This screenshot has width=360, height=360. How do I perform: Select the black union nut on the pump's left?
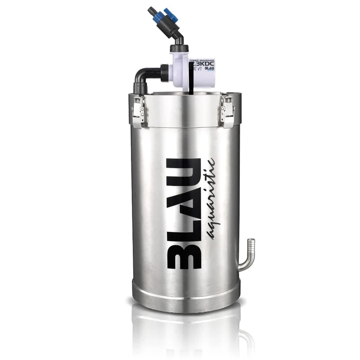[164, 72]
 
